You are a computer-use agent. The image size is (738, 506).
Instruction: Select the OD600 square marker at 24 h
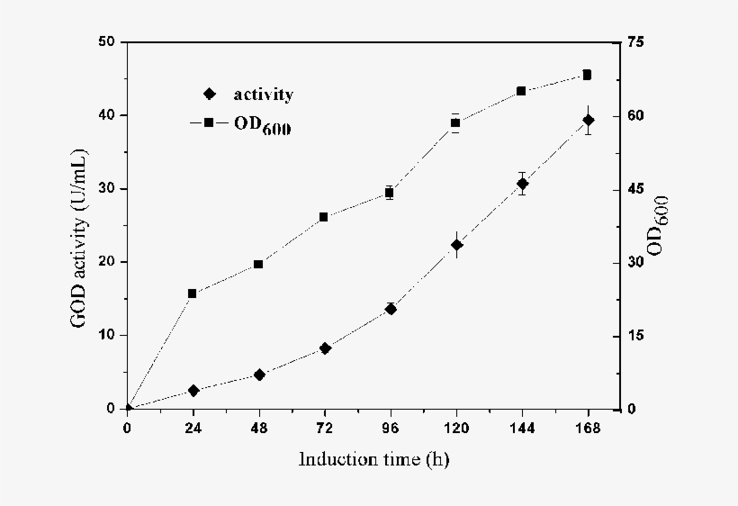(x=193, y=294)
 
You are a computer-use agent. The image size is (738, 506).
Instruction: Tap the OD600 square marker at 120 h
(x=456, y=122)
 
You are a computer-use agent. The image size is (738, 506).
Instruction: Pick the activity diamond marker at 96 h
(x=391, y=309)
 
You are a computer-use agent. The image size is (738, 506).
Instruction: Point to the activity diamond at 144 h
(x=522, y=184)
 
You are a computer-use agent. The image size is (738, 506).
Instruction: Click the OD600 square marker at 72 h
(x=324, y=217)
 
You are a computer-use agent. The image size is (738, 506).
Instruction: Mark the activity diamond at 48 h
(x=259, y=375)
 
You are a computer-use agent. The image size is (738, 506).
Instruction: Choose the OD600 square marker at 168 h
(x=587, y=75)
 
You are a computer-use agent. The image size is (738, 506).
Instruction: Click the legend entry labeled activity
(x=263, y=94)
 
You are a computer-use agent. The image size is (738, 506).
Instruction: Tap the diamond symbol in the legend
(x=210, y=94)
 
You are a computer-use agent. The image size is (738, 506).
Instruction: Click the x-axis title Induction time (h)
(x=373, y=460)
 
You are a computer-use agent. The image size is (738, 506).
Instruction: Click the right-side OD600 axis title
(x=656, y=225)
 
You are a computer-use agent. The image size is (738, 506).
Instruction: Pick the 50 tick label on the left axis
(x=107, y=42)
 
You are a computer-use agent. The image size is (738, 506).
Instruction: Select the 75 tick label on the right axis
(x=638, y=42)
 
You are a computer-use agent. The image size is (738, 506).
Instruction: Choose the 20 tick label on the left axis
(x=107, y=262)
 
